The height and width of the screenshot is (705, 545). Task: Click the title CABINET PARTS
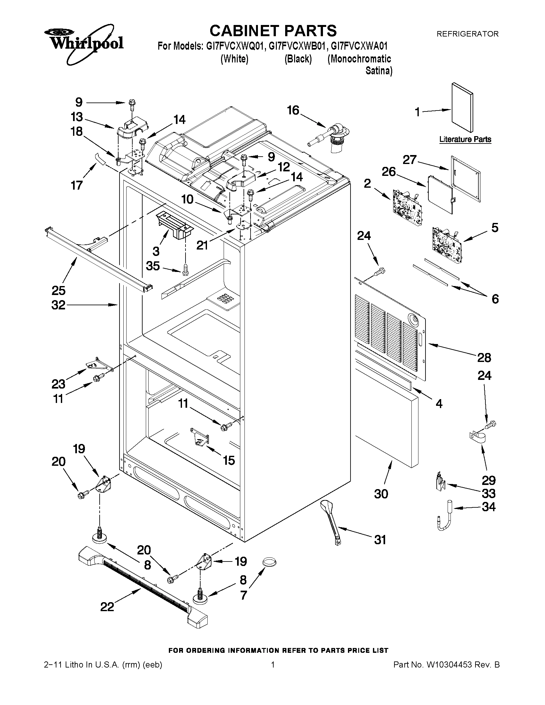(273, 31)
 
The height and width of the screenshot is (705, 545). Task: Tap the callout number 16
(293, 111)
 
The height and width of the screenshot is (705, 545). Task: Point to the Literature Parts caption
(465, 139)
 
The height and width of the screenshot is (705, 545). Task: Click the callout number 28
(484, 358)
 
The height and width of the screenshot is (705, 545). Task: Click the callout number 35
(153, 266)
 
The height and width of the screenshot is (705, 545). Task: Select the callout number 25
(58, 291)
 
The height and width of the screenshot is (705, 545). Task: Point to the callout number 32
(58, 305)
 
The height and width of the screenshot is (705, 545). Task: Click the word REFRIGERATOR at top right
(467, 34)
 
